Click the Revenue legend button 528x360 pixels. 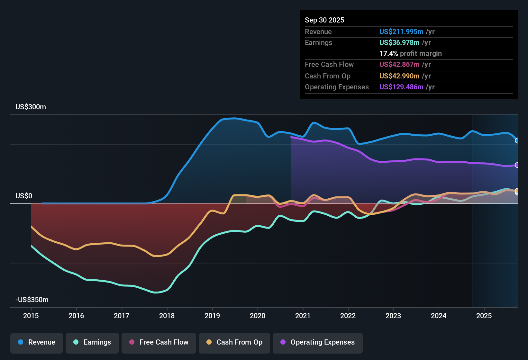(x=37, y=342)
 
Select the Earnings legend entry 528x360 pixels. (x=92, y=342)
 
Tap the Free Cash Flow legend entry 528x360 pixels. (x=159, y=342)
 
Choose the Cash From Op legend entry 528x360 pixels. (x=234, y=342)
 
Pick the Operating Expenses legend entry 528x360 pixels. (x=318, y=342)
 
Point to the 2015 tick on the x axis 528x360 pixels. (x=31, y=316)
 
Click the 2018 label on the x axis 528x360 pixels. (x=167, y=316)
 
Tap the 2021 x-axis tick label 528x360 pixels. (x=303, y=316)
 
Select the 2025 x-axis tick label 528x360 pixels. (x=484, y=316)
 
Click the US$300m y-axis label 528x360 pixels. (x=31, y=107)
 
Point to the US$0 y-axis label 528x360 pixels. (x=24, y=196)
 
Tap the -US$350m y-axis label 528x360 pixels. (x=32, y=300)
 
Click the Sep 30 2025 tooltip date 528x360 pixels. (x=324, y=20)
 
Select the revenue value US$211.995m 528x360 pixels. (x=401, y=32)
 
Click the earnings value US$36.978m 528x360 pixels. (x=399, y=42)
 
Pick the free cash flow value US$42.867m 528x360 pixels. (x=399, y=64)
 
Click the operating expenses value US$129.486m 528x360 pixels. (x=401, y=87)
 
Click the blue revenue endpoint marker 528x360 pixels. (x=517, y=140)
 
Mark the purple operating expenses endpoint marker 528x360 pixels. (x=517, y=165)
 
